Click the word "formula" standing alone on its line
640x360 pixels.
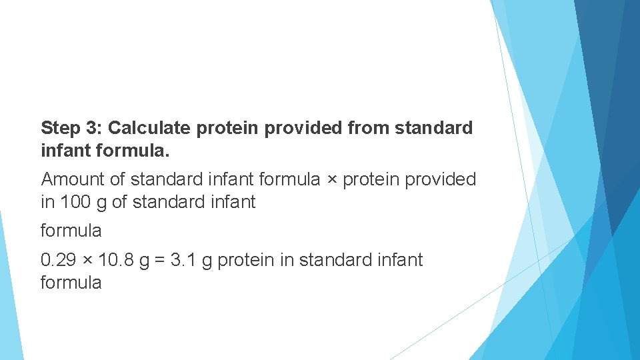coord(71,231)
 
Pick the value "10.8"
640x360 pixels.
coord(115,260)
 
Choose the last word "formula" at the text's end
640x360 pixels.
coord(71,283)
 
